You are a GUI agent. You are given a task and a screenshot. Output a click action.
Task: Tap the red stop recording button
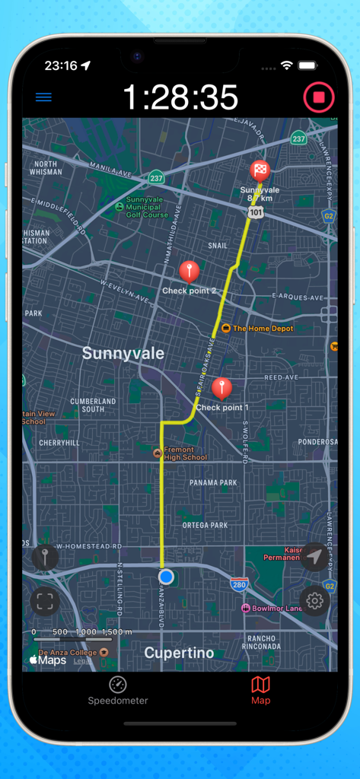click(319, 98)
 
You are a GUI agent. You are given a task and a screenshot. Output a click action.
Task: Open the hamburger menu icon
click(43, 97)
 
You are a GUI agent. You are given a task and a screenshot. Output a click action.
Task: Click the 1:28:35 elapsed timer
click(180, 98)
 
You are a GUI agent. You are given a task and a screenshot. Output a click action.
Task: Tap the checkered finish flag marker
click(260, 170)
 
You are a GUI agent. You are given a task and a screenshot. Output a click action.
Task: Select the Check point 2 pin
click(189, 271)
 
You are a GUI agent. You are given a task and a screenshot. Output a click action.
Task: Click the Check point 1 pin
click(221, 388)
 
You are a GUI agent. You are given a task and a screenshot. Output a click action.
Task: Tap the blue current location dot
click(166, 577)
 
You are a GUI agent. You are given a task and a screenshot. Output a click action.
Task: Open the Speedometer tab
click(117, 690)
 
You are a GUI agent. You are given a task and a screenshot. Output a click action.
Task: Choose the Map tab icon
click(260, 685)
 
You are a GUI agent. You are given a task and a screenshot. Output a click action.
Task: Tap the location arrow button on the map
click(314, 558)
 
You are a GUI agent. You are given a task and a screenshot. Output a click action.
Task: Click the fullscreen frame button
click(45, 602)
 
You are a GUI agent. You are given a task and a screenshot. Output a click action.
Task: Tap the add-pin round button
click(45, 558)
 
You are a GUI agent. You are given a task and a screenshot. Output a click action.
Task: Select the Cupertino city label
click(179, 653)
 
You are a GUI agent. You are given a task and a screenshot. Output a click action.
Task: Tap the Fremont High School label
click(184, 453)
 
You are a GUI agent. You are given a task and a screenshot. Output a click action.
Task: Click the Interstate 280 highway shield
click(239, 584)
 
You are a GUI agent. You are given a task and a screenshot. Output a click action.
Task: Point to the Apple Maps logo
click(48, 660)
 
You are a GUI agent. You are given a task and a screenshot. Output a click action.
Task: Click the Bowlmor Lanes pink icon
click(246, 609)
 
